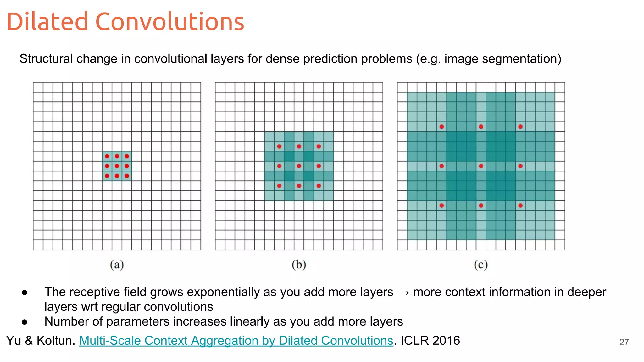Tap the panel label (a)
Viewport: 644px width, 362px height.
[x=117, y=265]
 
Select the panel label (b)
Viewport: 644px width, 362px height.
[x=299, y=265]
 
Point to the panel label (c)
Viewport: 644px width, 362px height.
[x=481, y=265]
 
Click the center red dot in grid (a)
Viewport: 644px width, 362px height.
[x=117, y=166]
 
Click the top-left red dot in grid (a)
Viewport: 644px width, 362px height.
[x=107, y=156]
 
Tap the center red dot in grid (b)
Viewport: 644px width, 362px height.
[x=299, y=166]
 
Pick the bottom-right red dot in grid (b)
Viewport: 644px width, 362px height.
[x=319, y=186]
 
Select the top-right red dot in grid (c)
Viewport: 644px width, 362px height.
[x=520, y=127]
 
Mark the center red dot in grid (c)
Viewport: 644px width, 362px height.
[x=481, y=166]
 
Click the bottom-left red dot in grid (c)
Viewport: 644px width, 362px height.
[x=442, y=206]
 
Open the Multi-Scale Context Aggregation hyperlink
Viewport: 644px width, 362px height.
[x=236, y=341]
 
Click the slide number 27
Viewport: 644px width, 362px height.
[x=624, y=342]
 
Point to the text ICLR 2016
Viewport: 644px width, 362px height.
[x=430, y=341]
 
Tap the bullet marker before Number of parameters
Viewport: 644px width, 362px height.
[x=25, y=322]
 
